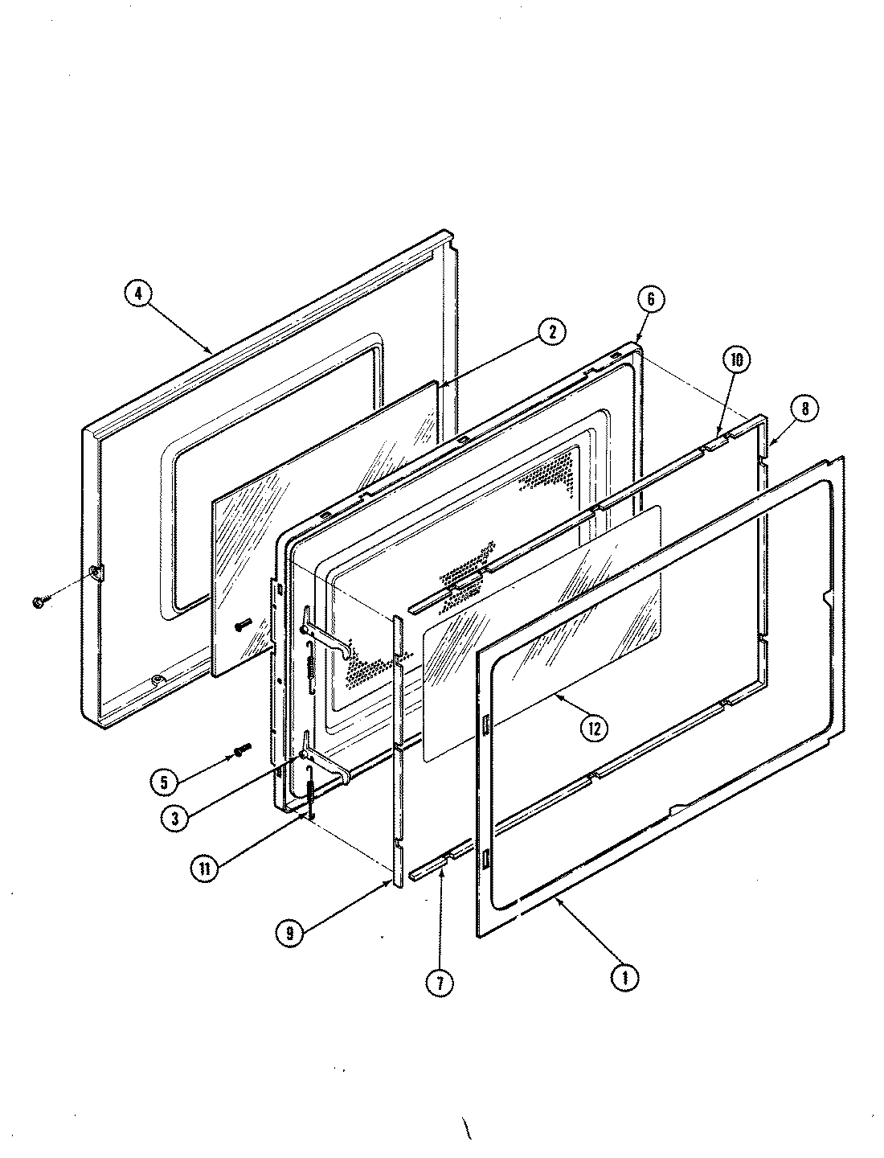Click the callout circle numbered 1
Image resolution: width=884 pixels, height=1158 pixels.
click(x=624, y=978)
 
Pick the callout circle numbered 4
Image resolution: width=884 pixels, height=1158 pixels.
click(x=138, y=294)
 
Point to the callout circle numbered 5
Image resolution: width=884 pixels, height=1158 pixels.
click(x=165, y=780)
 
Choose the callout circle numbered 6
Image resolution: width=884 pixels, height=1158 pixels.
click(x=651, y=300)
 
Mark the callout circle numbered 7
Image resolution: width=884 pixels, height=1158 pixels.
click(x=440, y=982)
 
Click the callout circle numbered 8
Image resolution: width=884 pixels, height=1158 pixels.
click(x=804, y=408)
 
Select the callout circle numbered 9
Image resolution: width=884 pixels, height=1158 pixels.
click(x=289, y=933)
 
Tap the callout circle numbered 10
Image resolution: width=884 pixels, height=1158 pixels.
click(x=736, y=360)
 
